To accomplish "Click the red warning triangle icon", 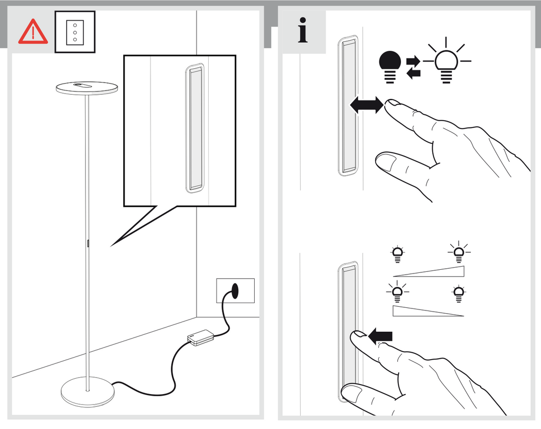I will [x=33, y=32].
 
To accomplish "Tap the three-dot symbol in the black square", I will [x=75, y=32].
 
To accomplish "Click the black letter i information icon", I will [x=303, y=30].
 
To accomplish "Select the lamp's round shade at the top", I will [x=87, y=87].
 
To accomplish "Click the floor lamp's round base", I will [x=87, y=392].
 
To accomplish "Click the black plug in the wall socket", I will [x=235, y=290].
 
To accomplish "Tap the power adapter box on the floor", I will [x=201, y=337].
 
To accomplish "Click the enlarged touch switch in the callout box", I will [x=195, y=129].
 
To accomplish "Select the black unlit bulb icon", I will [x=390, y=65].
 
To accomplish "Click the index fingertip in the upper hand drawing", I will [x=392, y=103].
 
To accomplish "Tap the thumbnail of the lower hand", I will [x=352, y=392].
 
